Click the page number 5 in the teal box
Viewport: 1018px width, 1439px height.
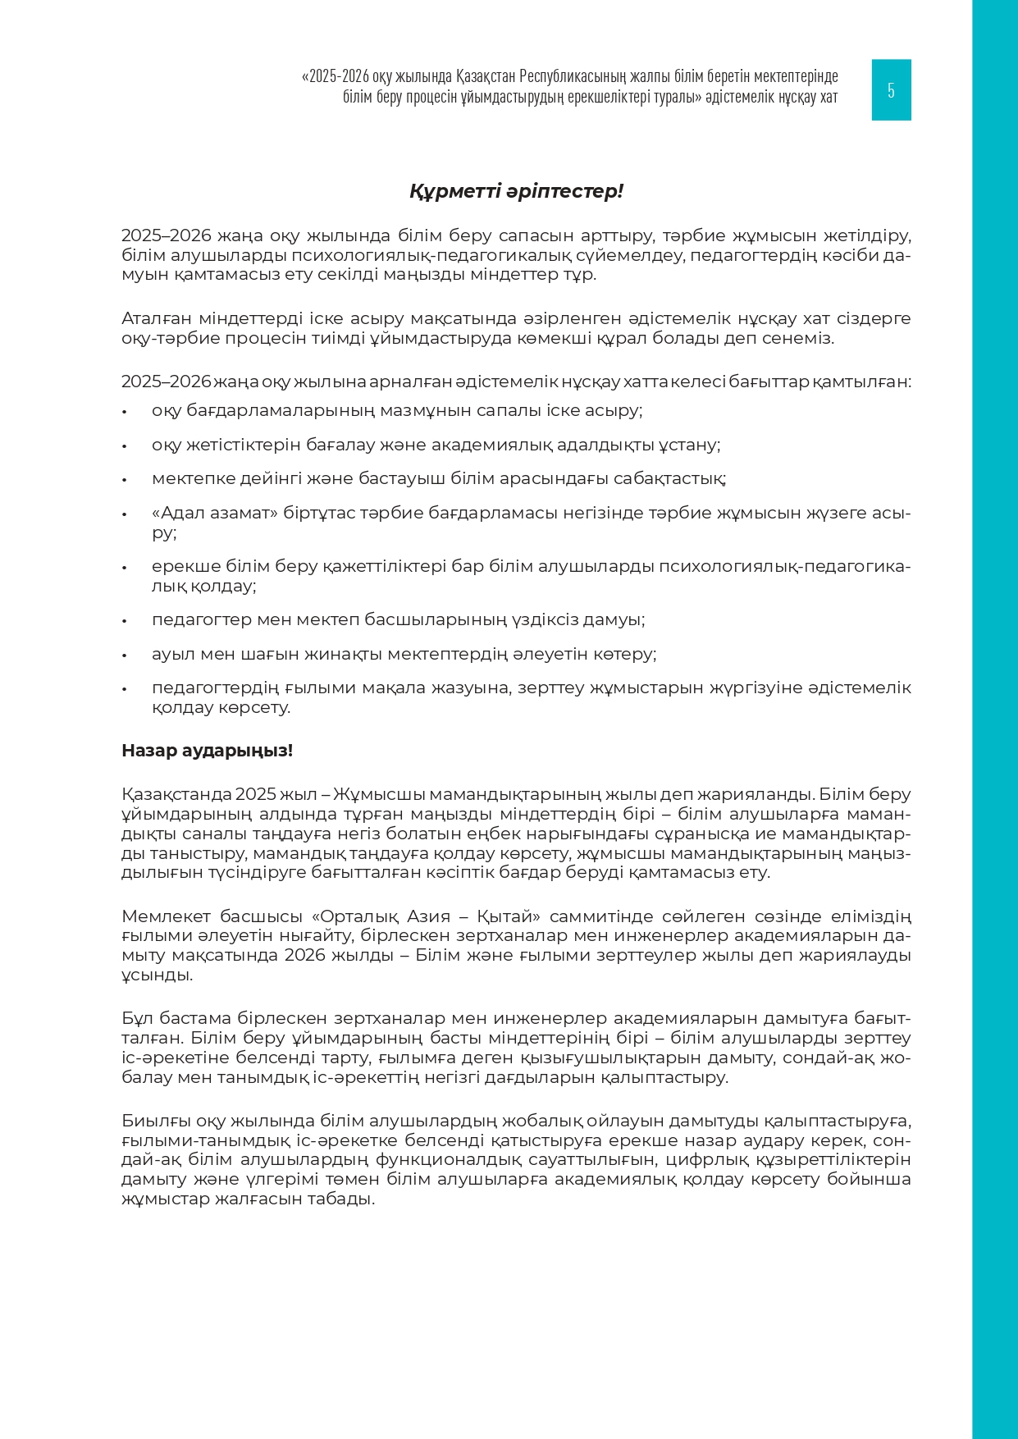click(x=891, y=90)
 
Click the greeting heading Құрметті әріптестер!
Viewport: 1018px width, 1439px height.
click(x=516, y=192)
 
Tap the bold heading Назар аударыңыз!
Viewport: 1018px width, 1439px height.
click(x=207, y=751)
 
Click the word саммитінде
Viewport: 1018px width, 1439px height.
click(x=592, y=916)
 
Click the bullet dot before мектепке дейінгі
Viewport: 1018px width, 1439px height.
click(x=125, y=480)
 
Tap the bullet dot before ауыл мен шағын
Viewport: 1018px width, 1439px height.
click(x=125, y=656)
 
